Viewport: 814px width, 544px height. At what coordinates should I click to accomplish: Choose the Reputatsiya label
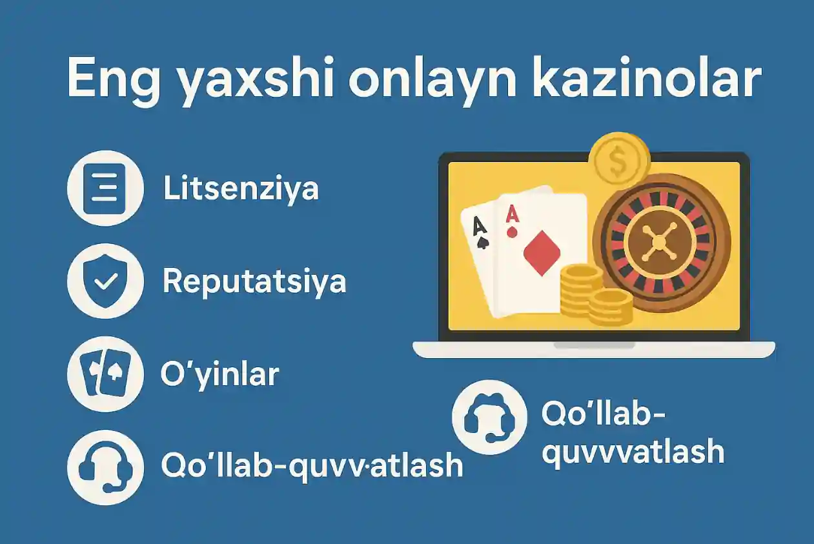point(254,281)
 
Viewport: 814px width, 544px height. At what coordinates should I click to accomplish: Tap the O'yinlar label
point(219,374)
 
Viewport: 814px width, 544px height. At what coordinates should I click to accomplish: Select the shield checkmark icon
point(105,281)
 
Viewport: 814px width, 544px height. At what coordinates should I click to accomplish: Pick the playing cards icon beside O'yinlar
point(105,374)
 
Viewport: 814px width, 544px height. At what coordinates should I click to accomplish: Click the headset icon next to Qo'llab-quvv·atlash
point(105,467)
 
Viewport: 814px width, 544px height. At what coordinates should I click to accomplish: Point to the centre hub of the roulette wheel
point(658,242)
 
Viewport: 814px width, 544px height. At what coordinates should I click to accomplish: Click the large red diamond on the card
point(541,254)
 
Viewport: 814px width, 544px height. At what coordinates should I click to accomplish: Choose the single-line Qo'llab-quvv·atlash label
point(312,465)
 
